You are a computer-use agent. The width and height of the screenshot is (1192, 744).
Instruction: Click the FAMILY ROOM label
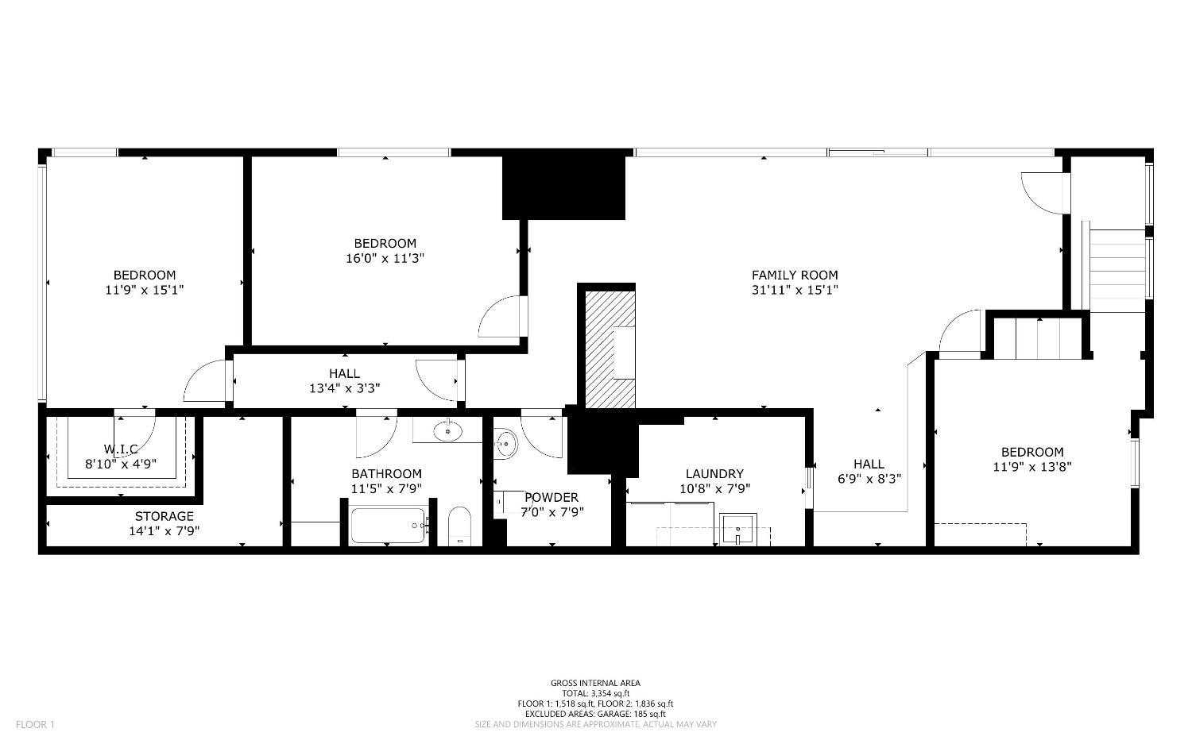[x=795, y=275]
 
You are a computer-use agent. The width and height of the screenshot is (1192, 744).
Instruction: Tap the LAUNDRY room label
[x=714, y=474]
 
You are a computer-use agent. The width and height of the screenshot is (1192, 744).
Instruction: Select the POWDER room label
[x=551, y=498]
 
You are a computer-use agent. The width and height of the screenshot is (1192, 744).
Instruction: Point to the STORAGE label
[x=164, y=516]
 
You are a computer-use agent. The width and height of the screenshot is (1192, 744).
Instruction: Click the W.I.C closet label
[x=121, y=449]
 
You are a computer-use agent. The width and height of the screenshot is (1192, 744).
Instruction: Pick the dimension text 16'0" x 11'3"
[x=385, y=258]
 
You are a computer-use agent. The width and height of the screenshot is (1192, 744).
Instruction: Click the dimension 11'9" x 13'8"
[x=1031, y=467]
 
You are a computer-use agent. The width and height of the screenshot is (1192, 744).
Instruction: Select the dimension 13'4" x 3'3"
[x=344, y=388]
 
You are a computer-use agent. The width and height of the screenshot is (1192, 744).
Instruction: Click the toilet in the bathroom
[x=460, y=526]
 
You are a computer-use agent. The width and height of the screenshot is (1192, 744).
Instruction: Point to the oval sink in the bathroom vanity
[x=448, y=431]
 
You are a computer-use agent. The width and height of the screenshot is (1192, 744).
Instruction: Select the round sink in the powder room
[x=505, y=444]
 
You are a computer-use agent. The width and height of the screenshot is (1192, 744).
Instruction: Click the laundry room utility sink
[x=738, y=530]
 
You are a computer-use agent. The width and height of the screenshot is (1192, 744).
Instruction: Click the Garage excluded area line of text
[x=595, y=714]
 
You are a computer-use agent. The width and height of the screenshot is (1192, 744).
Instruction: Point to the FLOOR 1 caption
[x=35, y=724]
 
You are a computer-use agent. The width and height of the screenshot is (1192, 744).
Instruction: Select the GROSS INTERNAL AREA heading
[x=595, y=683]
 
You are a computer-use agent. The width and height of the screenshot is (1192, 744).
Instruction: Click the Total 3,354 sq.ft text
[x=595, y=693]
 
